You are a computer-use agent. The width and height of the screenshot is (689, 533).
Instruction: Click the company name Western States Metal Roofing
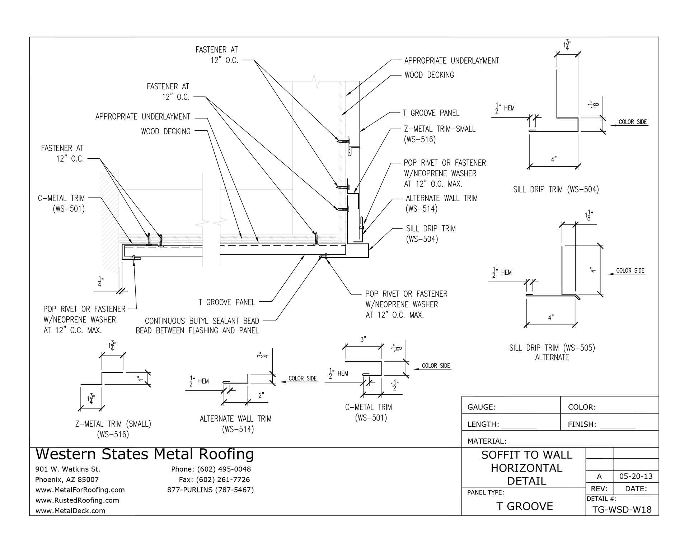tap(145, 454)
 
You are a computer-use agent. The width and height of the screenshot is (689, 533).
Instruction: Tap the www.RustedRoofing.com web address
tap(77, 500)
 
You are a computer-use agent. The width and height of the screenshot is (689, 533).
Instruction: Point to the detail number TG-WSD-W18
tap(622, 510)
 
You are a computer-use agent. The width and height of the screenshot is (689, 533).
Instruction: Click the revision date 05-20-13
tap(636, 477)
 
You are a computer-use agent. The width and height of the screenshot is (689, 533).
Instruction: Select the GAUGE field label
tap(482, 407)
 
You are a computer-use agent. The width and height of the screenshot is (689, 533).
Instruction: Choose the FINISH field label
tap(582, 425)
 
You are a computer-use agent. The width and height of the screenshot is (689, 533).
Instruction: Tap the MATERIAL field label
tap(487, 441)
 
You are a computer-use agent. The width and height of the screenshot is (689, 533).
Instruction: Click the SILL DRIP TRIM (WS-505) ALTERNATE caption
tap(552, 352)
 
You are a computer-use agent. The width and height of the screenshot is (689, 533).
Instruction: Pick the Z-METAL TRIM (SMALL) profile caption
tap(113, 424)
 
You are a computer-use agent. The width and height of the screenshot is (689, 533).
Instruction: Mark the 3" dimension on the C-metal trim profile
tap(363, 339)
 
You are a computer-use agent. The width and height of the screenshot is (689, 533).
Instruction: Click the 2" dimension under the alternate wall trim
tap(261, 395)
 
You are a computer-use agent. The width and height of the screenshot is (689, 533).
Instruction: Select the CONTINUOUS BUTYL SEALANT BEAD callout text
tap(197, 326)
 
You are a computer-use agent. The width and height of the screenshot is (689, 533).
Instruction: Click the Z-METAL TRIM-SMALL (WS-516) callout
tap(440, 134)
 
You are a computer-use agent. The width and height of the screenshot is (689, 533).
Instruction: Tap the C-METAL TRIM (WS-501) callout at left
tap(61, 203)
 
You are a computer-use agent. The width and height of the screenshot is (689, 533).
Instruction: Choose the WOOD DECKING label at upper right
tap(429, 75)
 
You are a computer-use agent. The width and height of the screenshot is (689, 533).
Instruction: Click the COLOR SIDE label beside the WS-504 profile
tap(633, 122)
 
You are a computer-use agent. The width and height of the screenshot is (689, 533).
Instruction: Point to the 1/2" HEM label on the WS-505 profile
tap(502, 273)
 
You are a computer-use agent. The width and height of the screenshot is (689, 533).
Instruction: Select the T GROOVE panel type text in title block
tap(524, 506)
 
